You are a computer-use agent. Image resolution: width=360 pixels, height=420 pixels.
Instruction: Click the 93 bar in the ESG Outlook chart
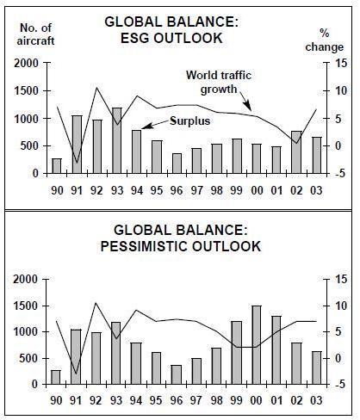[x=117, y=140]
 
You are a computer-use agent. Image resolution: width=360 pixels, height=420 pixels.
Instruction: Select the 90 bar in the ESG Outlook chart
[x=57, y=166]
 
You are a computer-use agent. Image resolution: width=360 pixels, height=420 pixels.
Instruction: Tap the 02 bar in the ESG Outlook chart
[x=296, y=152]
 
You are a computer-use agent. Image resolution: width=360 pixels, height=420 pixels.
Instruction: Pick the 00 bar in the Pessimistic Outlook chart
[x=257, y=345]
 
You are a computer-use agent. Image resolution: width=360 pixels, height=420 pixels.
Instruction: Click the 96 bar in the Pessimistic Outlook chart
[x=177, y=374]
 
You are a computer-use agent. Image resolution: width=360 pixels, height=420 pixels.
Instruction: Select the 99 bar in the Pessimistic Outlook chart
[x=237, y=353]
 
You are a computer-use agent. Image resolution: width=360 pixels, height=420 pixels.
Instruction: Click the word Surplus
[x=190, y=120]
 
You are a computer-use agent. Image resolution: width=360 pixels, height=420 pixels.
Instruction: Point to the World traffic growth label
[x=219, y=83]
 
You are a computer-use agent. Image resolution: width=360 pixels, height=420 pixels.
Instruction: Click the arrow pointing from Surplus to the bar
[x=155, y=124]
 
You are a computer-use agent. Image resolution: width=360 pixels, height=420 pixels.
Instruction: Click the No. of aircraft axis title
[x=35, y=34]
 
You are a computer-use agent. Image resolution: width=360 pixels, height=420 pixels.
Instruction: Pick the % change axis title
[x=325, y=40]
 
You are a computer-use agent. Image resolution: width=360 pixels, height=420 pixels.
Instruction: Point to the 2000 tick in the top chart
[x=26, y=63]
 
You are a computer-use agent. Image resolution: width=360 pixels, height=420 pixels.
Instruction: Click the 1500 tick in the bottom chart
[x=26, y=306]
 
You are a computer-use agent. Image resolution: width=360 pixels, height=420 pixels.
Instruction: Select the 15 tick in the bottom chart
[x=341, y=279]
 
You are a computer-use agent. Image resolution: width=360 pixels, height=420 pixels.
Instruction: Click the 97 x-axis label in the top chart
[x=196, y=190]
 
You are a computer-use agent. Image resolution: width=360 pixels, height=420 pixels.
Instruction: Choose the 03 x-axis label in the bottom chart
[x=316, y=400]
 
